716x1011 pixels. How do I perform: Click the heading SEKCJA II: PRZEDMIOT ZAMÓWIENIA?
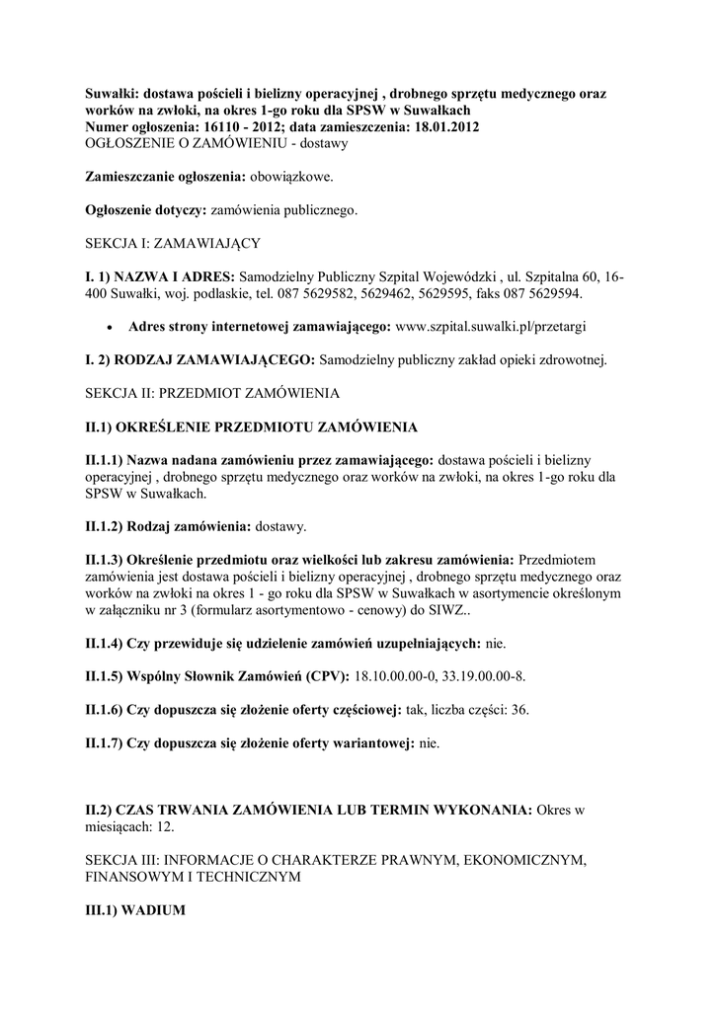pos(211,394)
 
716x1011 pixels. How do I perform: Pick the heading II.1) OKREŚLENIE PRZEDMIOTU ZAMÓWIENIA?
pos(251,428)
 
